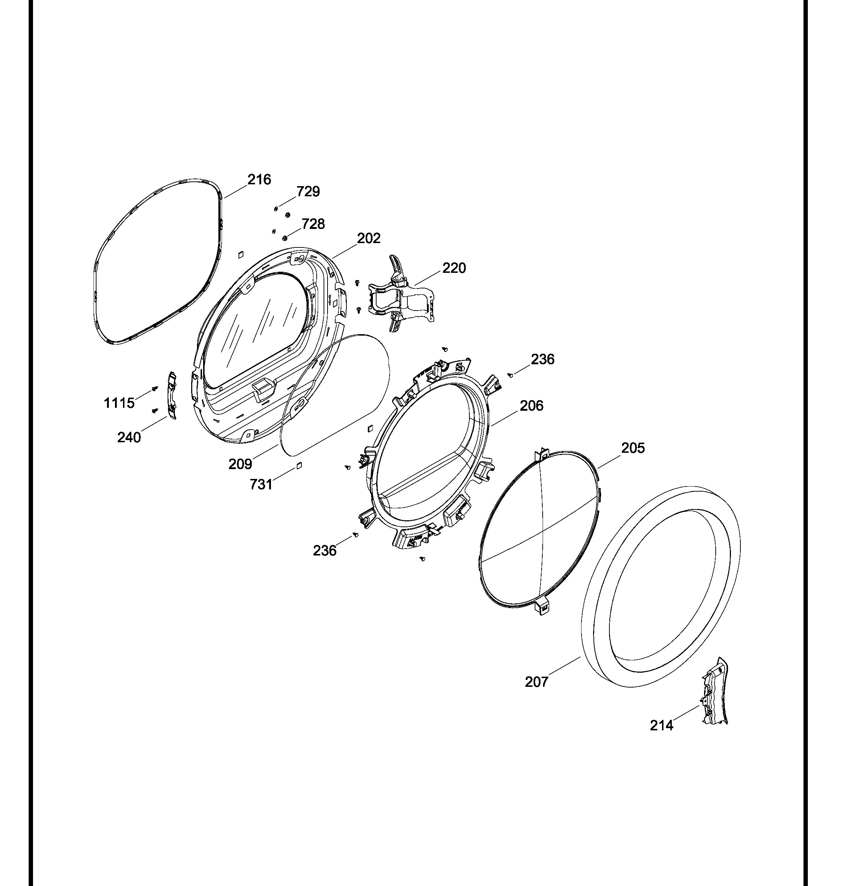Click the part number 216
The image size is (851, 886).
coord(259,180)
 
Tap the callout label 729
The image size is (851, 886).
coord(308,192)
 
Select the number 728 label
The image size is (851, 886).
coord(313,224)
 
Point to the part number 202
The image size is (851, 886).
coord(369,238)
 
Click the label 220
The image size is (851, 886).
coord(454,268)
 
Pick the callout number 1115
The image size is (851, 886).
coord(119,403)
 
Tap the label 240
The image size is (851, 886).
coord(129,438)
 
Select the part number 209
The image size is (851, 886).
coord(240,464)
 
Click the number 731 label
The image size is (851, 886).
coord(261,485)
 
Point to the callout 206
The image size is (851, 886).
coord(531,406)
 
